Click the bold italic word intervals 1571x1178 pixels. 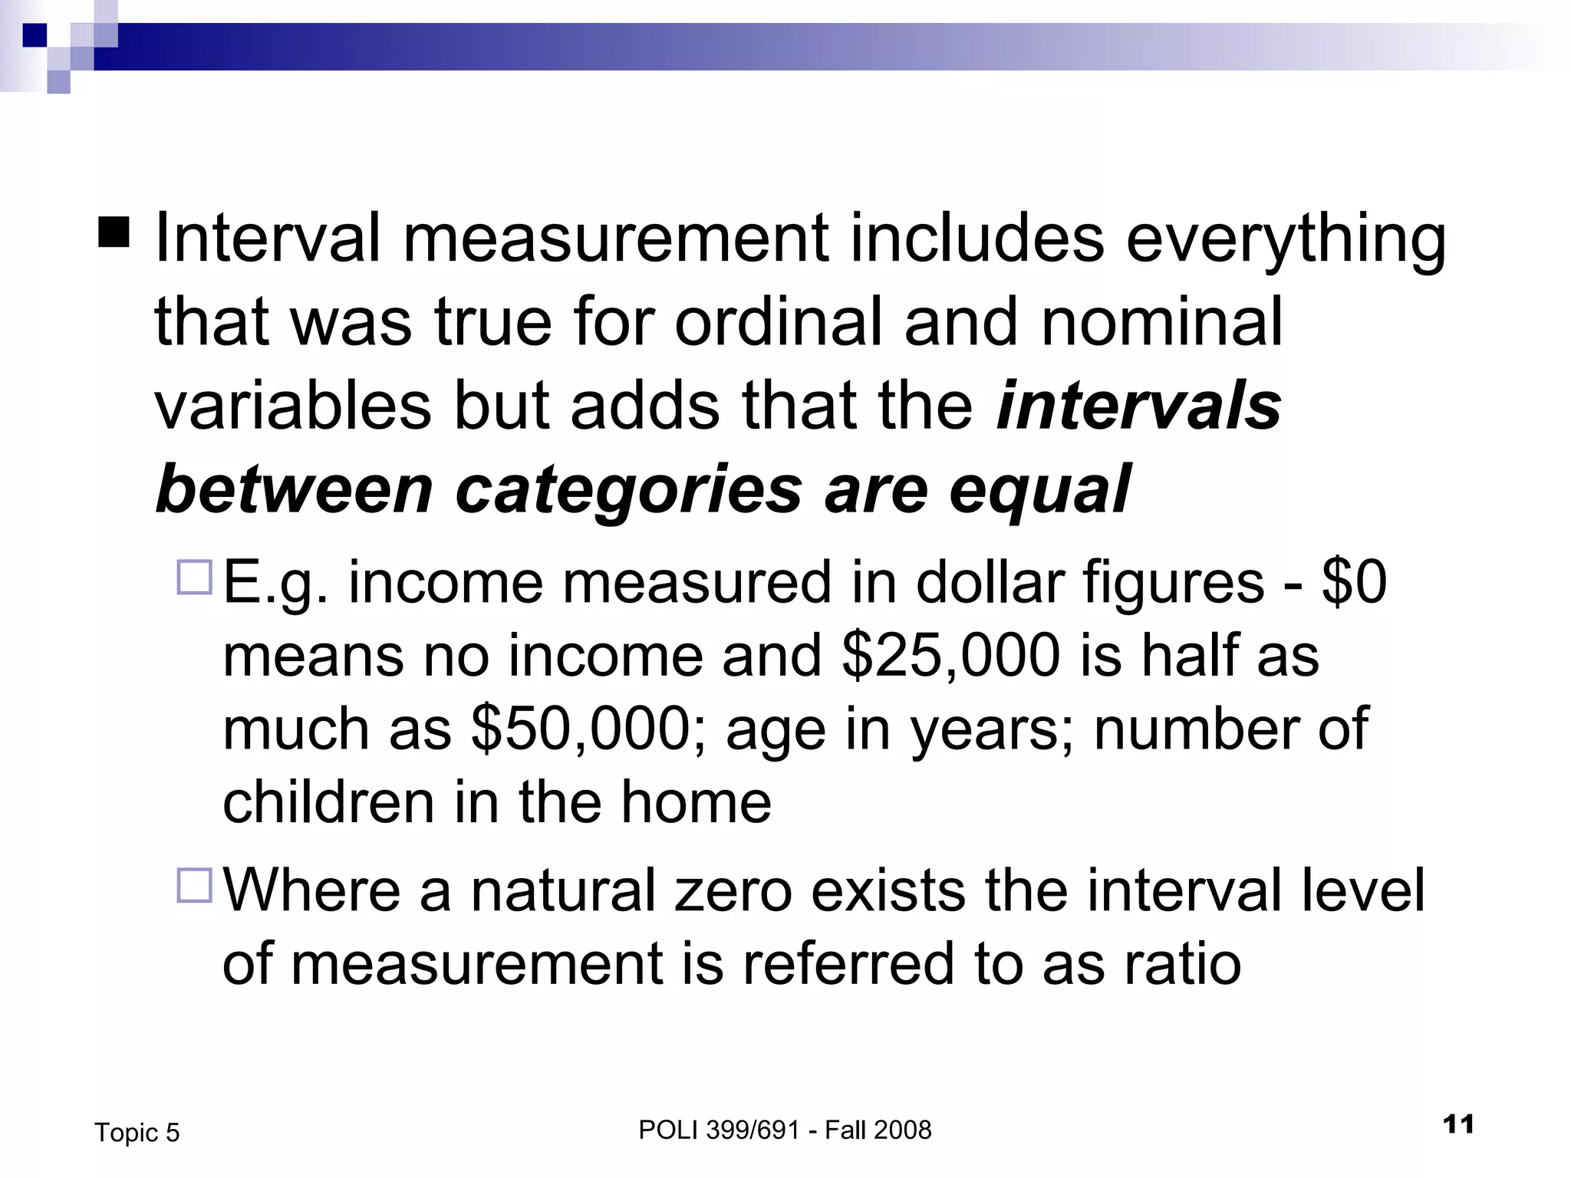pyautogui.click(x=1138, y=406)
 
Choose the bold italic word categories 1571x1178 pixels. pyautogui.click(x=628, y=492)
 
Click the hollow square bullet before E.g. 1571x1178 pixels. pyautogui.click(x=194, y=577)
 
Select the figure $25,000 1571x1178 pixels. pyautogui.click(x=950, y=656)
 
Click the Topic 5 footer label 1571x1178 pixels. pyautogui.click(x=137, y=1132)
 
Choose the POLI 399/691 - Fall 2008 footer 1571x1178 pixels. pyautogui.click(x=785, y=1130)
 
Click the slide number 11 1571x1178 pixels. pyautogui.click(x=1458, y=1125)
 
